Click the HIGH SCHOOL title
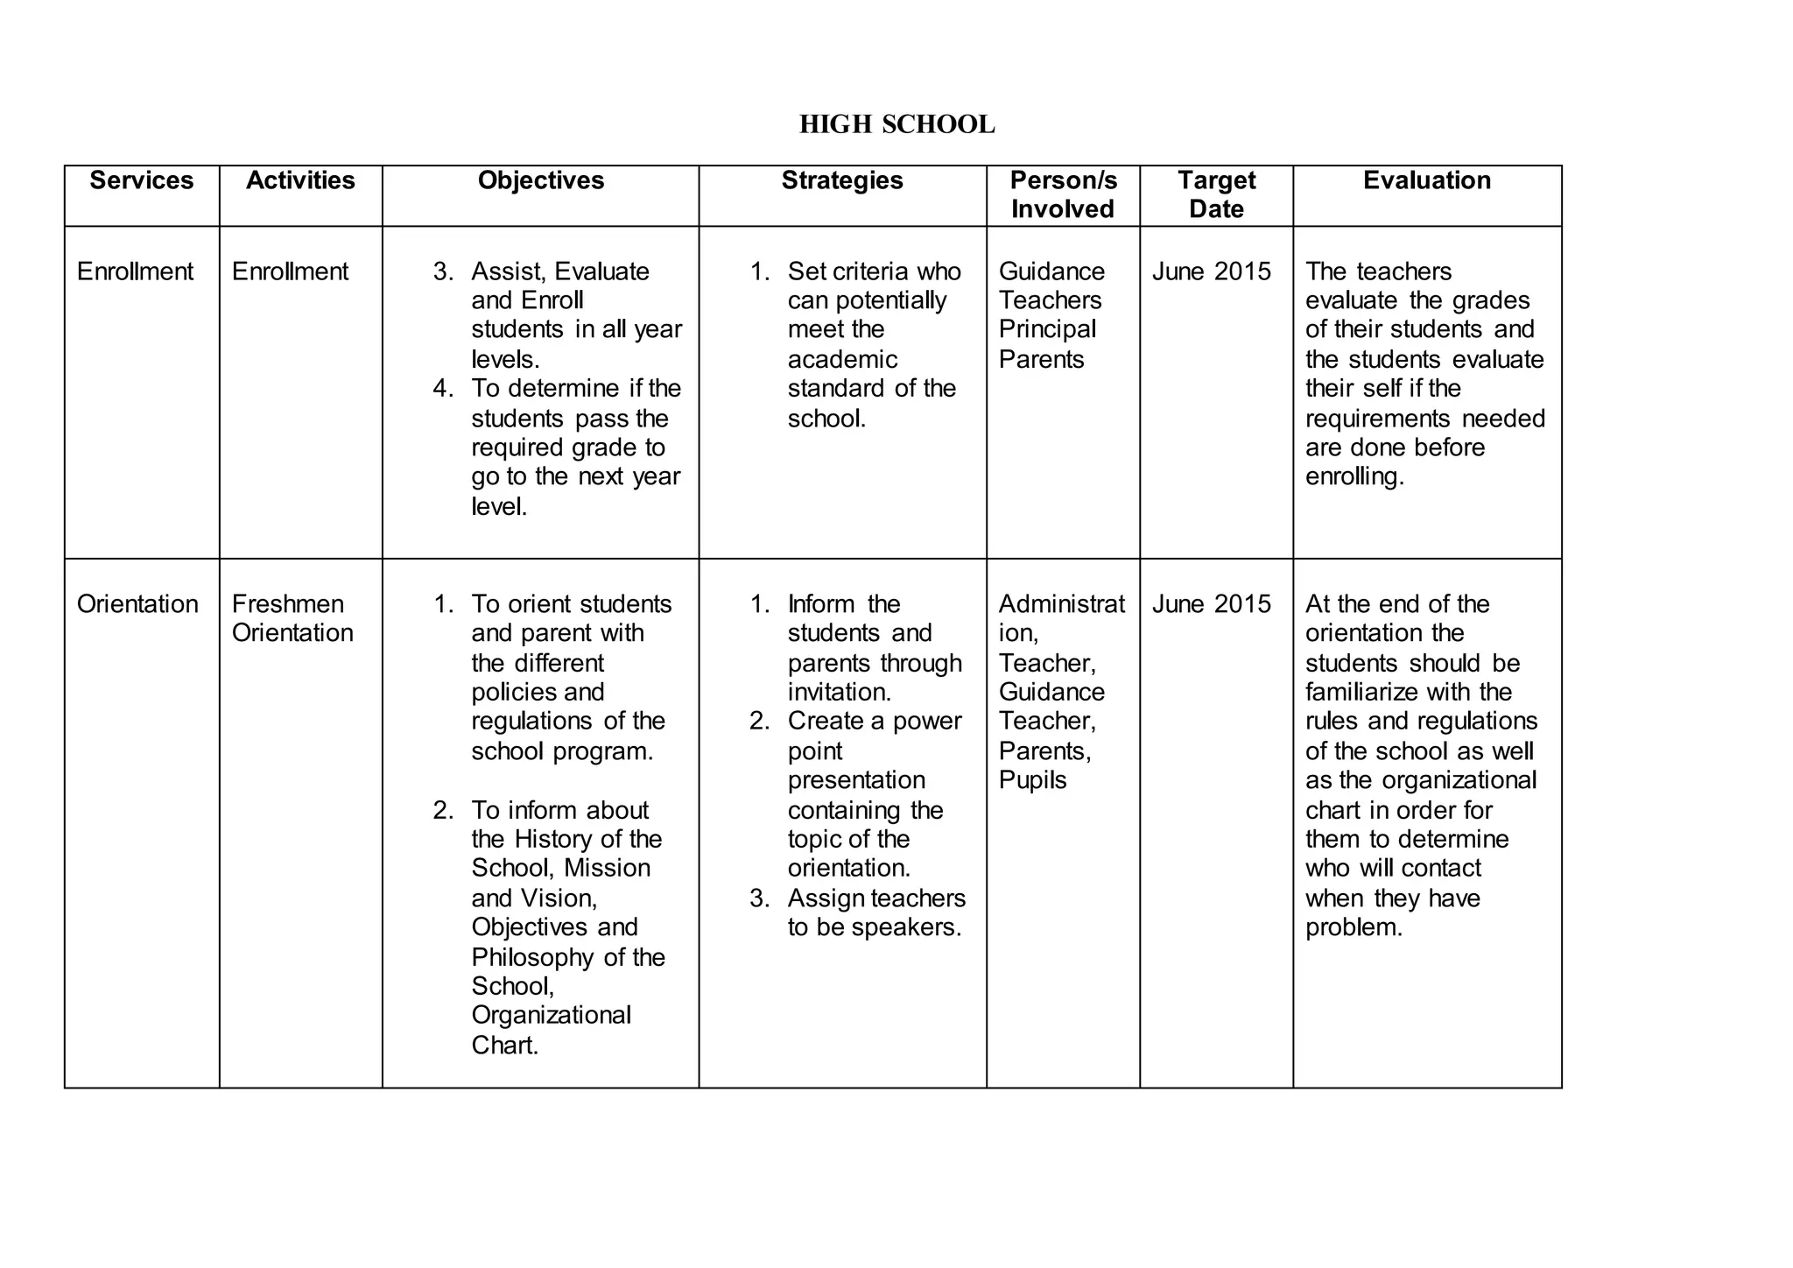click(896, 124)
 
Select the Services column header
click(141, 180)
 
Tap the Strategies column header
click(841, 180)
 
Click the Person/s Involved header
click(1063, 194)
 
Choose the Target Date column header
click(1216, 194)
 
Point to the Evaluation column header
click(1426, 180)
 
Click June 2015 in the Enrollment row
click(1211, 271)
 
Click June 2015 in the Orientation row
click(1211, 604)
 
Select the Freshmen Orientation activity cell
click(292, 618)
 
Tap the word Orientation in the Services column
click(137, 604)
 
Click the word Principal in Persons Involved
click(1047, 329)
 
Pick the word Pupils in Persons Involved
click(1032, 780)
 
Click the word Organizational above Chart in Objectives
click(551, 1016)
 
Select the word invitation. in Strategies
click(839, 693)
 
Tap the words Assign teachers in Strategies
click(875, 898)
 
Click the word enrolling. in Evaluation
click(1354, 476)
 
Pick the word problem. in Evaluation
click(1354, 927)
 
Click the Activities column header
click(300, 180)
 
